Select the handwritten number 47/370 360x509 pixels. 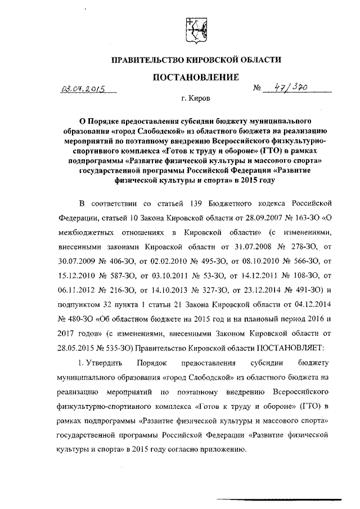pyautogui.click(x=290, y=87)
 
